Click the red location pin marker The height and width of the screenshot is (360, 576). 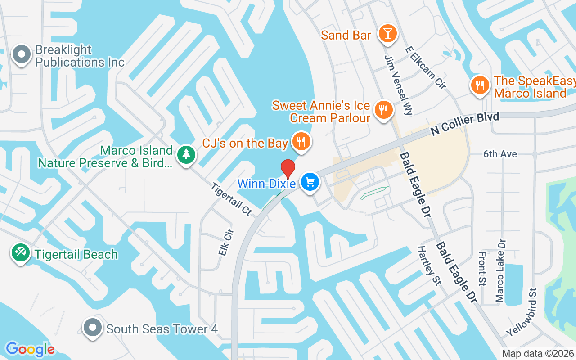pos(288,169)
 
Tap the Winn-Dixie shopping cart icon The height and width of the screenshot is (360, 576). pos(310,182)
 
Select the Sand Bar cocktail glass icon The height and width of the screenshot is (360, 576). pos(387,33)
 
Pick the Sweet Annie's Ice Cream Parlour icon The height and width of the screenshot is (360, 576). pos(383,109)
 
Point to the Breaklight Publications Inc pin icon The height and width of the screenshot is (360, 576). pos(21,54)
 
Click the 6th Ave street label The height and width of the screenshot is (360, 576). pos(500,154)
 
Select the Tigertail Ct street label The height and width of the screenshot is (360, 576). pos(230,198)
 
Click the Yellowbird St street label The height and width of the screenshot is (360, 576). pos(522,312)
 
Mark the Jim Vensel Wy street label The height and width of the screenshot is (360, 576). pos(399,85)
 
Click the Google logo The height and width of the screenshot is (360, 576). pos(30,349)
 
